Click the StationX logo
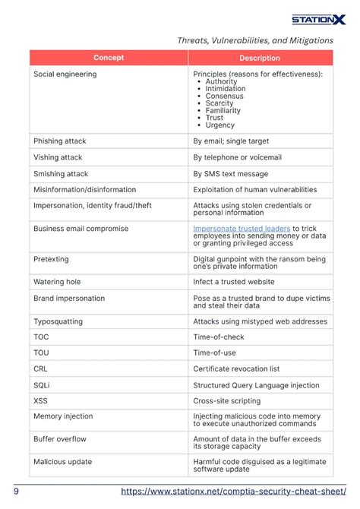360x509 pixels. click(x=319, y=20)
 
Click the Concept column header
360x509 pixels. click(x=109, y=58)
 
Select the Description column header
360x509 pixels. click(x=260, y=58)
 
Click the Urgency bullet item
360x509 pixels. click(x=219, y=125)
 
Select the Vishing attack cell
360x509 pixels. click(x=58, y=157)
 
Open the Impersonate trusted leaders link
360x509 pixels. click(x=242, y=228)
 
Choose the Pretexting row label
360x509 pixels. click(x=51, y=259)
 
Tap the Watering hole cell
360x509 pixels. click(x=57, y=282)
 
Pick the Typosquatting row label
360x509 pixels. click(x=58, y=321)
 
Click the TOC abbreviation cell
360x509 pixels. click(x=41, y=337)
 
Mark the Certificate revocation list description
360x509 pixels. click(x=236, y=368)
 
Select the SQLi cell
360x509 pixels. click(x=42, y=384)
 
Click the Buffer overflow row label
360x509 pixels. click(x=60, y=439)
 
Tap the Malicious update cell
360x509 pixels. click(x=62, y=462)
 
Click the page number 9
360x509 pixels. click(x=16, y=492)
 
